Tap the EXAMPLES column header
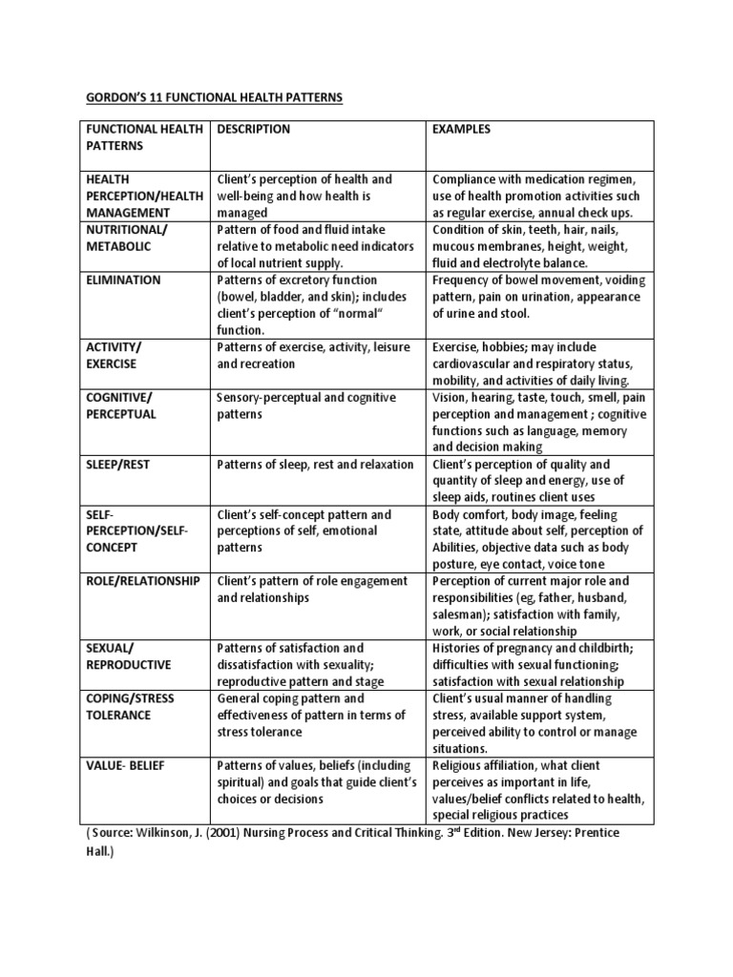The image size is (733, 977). pos(462,130)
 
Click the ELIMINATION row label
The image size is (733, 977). pos(124,281)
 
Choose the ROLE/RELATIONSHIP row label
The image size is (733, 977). pos(143,581)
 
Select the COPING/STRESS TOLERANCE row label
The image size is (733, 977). pos(131,707)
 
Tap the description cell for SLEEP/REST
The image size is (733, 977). pos(316,465)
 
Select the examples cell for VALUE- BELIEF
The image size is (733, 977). pos(538,790)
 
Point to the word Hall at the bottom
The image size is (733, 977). pos(98,856)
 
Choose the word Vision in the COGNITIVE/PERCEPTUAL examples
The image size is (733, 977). pos(450,398)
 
